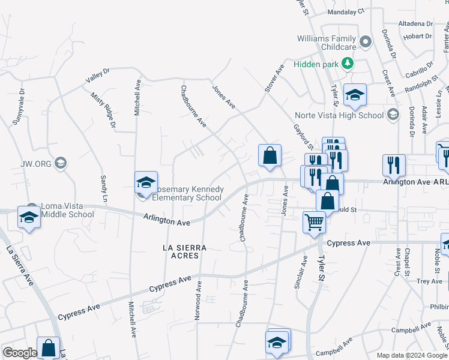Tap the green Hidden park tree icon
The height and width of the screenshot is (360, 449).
pyautogui.click(x=346, y=62)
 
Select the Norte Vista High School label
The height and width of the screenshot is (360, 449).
pyautogui.click(x=339, y=116)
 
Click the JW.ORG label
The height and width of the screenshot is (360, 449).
pyautogui.click(x=37, y=163)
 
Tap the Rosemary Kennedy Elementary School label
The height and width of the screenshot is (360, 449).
pyautogui.click(x=187, y=193)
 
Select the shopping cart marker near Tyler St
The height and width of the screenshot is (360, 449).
pyautogui.click(x=315, y=222)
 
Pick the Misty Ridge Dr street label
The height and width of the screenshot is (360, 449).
pyautogui.click(x=103, y=110)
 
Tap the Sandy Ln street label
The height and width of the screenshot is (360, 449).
pyautogui.click(x=103, y=188)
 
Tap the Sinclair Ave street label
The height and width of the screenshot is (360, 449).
pyautogui.click(x=298, y=277)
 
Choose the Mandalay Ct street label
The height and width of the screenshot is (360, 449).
pyautogui.click(x=345, y=11)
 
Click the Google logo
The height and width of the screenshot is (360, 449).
pyautogui.click(x=20, y=353)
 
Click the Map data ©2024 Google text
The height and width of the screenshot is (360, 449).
pyautogui.click(x=412, y=355)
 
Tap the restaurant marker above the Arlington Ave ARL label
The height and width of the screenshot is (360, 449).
pyautogui.click(x=394, y=164)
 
